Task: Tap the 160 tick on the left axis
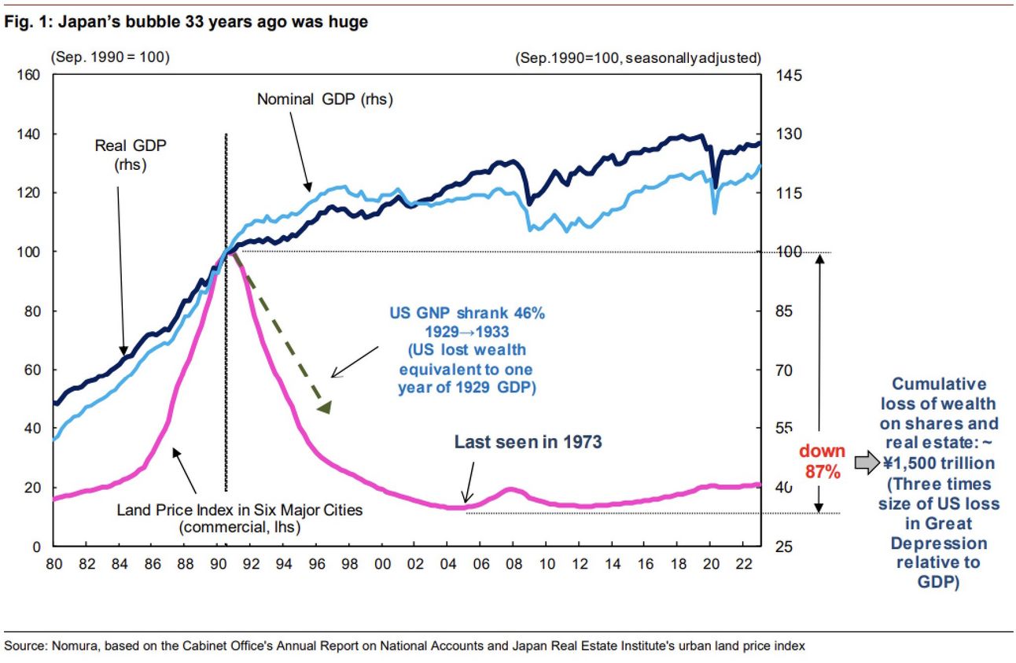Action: pyautogui.click(x=30, y=76)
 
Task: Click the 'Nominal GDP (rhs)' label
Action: pyautogui.click(x=325, y=100)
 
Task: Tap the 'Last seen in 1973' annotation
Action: pyautogui.click(x=528, y=442)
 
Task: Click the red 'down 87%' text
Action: pyautogui.click(x=823, y=461)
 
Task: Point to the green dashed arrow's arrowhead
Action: pyautogui.click(x=324, y=406)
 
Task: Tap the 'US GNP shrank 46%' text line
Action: pyautogui.click(x=467, y=313)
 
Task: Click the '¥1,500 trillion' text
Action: pyautogui.click(x=937, y=462)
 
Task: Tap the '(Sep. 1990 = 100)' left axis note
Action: pyautogui.click(x=110, y=57)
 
